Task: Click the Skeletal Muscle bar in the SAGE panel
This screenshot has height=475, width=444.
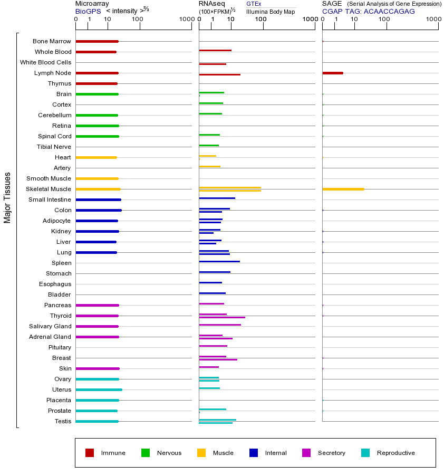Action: point(343,189)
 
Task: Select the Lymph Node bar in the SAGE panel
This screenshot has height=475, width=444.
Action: point(332,73)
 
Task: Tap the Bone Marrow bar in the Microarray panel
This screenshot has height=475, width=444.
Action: point(96,41)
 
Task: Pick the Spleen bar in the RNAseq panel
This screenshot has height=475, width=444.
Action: point(219,261)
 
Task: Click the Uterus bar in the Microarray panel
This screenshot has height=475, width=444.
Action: point(99,389)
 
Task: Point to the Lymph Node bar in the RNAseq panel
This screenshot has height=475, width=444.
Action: point(219,74)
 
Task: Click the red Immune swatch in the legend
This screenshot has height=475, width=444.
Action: point(90,453)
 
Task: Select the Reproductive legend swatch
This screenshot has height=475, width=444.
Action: point(365,453)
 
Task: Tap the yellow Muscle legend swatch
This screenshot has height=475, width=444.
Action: point(201,453)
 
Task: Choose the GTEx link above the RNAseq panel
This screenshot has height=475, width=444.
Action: point(254,4)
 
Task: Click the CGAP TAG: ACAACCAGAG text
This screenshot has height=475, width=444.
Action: point(369,11)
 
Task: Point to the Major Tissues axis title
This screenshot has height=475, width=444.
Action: point(7,197)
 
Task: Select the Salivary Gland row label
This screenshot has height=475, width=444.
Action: point(52,326)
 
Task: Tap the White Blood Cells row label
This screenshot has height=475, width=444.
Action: point(45,62)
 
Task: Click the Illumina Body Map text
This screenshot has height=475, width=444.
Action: point(271,11)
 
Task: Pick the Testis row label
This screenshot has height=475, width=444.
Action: point(62,421)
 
